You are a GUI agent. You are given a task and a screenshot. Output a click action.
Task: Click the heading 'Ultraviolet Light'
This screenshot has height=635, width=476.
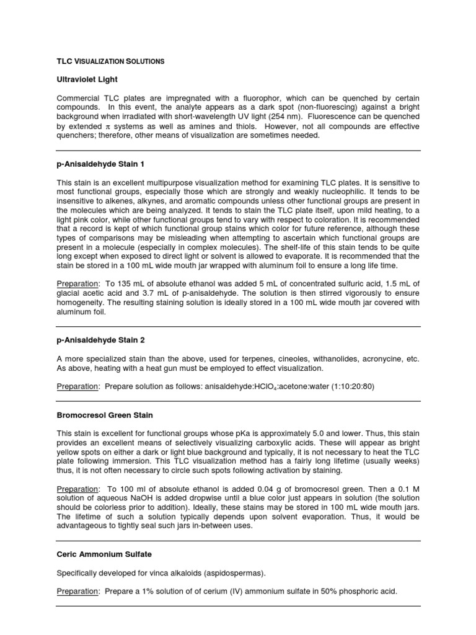pos(87,80)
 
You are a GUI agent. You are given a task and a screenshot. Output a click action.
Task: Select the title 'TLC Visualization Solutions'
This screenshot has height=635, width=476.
pos(110,61)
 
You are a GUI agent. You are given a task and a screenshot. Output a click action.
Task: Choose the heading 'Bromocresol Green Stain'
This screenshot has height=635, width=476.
pos(105,415)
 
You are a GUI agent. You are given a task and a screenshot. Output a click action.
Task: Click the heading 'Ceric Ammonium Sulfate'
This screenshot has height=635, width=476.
pos(104,554)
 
